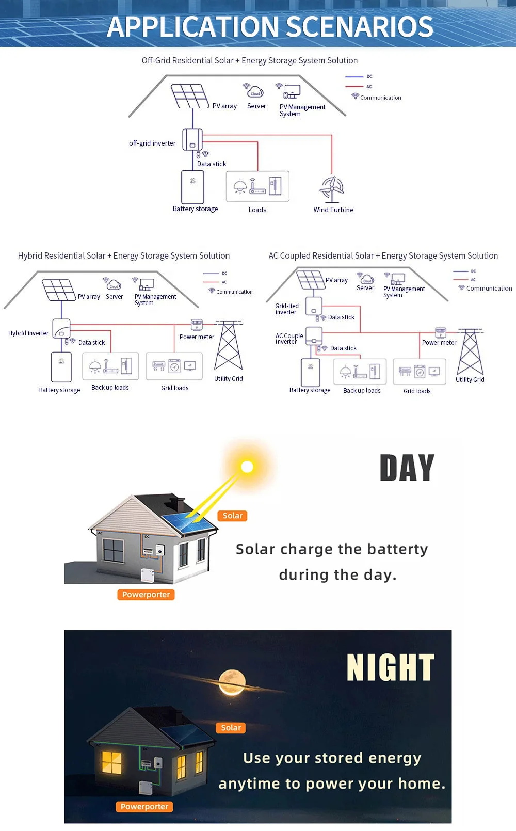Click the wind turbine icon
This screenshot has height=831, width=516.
click(x=332, y=189)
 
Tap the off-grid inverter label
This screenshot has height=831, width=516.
click(x=152, y=143)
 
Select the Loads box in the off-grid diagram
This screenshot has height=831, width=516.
click(x=257, y=186)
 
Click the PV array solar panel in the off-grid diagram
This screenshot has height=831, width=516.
click(x=189, y=96)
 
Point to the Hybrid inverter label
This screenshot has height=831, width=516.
click(x=28, y=333)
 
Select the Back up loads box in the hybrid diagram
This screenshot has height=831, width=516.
click(x=110, y=366)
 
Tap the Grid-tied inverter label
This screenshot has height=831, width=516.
click(x=287, y=309)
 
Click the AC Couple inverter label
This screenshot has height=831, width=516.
click(x=289, y=339)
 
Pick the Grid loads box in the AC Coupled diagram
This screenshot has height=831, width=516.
click(x=419, y=372)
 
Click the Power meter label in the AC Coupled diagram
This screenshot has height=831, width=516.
click(x=439, y=343)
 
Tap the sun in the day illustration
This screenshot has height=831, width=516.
click(x=247, y=467)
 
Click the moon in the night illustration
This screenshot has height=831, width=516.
click(x=232, y=681)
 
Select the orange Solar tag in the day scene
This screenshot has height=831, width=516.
click(x=232, y=516)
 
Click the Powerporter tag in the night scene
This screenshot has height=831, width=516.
click(x=144, y=807)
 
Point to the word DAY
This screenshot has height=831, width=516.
click(x=407, y=468)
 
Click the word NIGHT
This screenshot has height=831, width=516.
click(x=391, y=668)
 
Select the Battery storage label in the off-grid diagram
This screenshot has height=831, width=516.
click(x=195, y=209)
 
